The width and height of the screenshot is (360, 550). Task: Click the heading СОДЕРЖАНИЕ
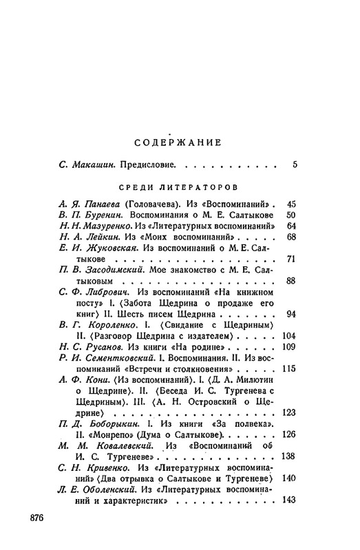[x=177, y=143]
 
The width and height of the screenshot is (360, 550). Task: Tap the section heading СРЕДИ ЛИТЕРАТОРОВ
[x=178, y=187]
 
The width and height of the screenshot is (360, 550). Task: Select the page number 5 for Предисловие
[x=294, y=165]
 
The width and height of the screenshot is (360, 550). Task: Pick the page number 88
[x=290, y=280]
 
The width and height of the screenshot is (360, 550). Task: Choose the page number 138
[x=288, y=456]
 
